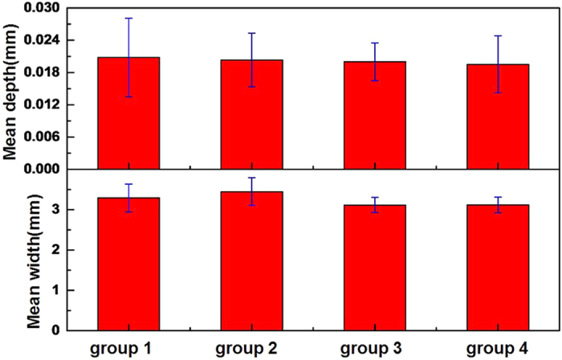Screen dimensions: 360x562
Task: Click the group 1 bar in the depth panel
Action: (128, 113)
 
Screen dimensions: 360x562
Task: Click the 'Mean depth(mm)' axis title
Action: (11, 88)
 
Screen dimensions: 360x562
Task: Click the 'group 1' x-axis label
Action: (128, 349)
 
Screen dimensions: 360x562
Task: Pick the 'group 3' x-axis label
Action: (375, 349)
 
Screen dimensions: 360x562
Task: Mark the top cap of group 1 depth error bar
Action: (128, 18)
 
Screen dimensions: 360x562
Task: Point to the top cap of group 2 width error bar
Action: (251, 178)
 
